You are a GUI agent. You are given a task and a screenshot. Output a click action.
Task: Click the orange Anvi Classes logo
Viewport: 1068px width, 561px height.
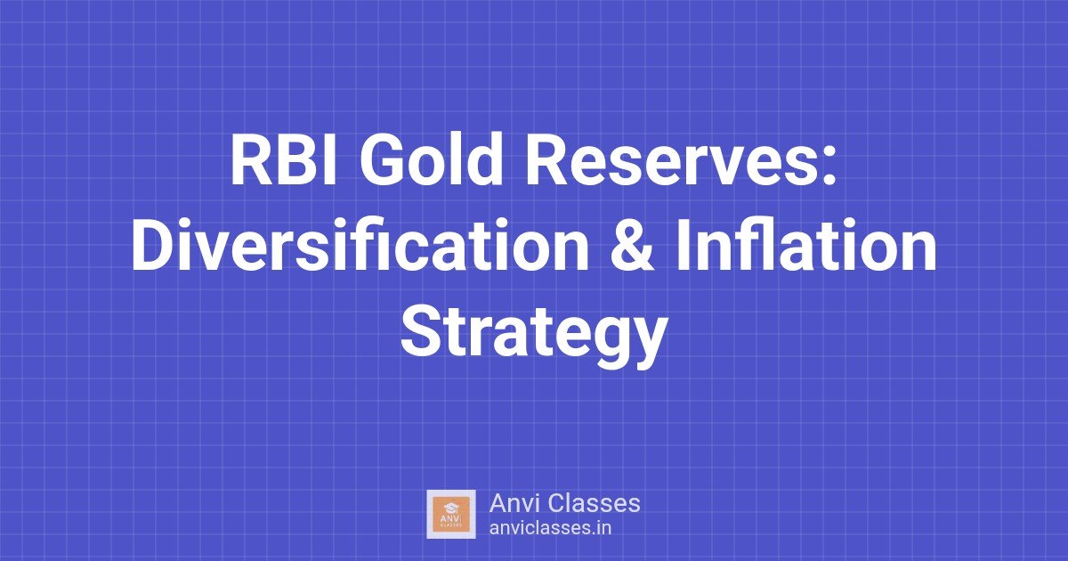(451, 514)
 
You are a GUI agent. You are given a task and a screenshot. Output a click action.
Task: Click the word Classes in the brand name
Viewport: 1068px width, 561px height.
(594, 503)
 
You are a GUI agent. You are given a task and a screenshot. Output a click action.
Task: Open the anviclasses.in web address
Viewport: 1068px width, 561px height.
(550, 527)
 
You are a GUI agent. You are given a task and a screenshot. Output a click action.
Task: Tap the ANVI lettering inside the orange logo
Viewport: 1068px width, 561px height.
(451, 518)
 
